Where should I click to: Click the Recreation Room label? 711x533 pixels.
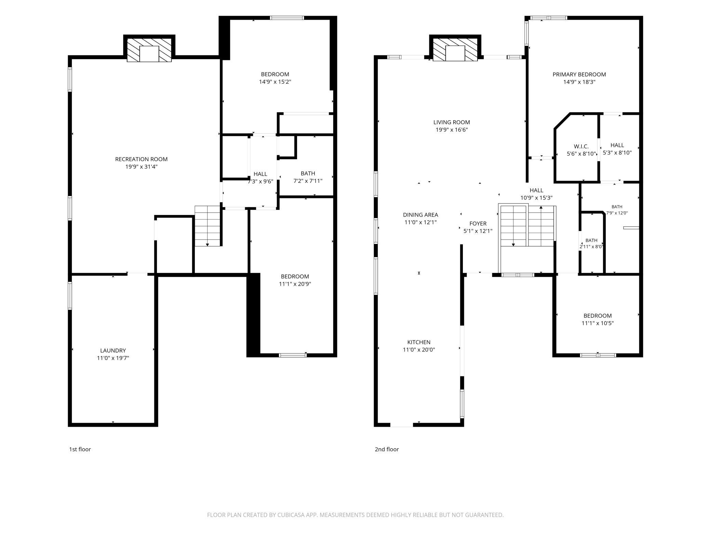(x=141, y=159)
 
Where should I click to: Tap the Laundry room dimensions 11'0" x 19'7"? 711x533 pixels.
(x=113, y=358)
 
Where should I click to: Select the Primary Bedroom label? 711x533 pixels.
(x=579, y=74)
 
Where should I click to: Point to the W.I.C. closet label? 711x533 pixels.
(x=581, y=147)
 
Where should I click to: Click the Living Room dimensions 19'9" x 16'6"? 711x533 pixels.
(x=452, y=130)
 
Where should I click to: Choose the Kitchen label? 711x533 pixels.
(x=419, y=342)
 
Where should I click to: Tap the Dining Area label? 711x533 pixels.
(x=420, y=215)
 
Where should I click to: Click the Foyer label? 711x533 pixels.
(x=478, y=224)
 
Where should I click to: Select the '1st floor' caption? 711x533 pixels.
(x=80, y=449)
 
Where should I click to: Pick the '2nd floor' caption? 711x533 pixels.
(x=387, y=449)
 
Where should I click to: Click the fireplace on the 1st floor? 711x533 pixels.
(x=149, y=50)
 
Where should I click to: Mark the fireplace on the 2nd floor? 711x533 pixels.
(x=455, y=50)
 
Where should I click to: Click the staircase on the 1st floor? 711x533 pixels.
(x=207, y=226)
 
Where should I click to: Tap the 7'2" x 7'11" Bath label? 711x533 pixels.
(x=308, y=177)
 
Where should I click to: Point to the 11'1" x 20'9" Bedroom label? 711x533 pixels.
(x=295, y=280)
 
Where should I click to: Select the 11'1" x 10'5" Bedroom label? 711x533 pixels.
(x=598, y=319)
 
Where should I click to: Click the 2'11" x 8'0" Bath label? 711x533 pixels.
(x=591, y=244)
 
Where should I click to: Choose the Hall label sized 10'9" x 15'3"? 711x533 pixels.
(x=536, y=194)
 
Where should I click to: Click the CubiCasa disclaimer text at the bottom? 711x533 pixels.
(x=355, y=515)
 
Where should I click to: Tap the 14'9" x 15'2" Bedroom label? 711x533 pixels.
(x=275, y=78)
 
